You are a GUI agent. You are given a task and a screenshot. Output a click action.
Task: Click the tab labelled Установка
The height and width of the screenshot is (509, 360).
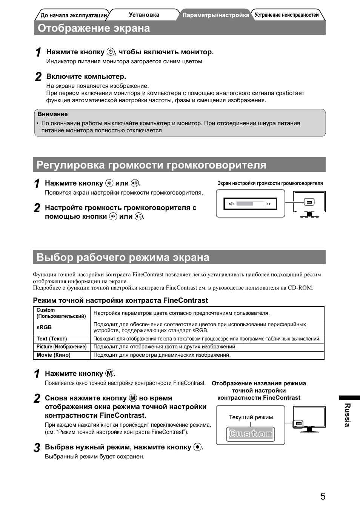coord(144,15)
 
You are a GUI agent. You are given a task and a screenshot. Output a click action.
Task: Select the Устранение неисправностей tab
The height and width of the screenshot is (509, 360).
coord(286,15)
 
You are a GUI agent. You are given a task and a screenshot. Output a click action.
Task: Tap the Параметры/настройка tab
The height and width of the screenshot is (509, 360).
coord(215,15)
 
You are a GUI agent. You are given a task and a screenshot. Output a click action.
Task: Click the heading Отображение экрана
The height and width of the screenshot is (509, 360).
coord(94,28)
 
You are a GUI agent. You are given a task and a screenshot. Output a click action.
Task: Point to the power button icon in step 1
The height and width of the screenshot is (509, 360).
coord(110,52)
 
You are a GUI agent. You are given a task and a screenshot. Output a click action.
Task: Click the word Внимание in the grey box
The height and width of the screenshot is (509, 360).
coord(53,114)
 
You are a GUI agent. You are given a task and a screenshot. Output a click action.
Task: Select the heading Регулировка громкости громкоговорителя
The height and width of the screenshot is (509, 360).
coord(151,165)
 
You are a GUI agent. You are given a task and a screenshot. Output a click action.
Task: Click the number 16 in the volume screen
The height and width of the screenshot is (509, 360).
coord(269,204)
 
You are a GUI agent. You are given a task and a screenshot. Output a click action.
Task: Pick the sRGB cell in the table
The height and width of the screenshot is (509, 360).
coord(44,328)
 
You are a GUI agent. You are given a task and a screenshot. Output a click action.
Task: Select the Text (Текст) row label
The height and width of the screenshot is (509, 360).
coord(52,339)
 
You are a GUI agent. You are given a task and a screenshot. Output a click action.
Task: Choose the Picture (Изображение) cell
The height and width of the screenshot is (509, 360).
coord(62,347)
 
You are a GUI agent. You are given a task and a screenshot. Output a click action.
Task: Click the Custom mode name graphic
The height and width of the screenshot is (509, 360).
coord(251,434)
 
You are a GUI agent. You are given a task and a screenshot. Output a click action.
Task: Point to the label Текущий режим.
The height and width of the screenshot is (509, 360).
coord(252,417)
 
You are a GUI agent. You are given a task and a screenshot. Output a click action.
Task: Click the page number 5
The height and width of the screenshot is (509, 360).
coord(323,496)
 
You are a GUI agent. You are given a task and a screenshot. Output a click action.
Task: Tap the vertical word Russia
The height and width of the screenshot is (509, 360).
coord(348,415)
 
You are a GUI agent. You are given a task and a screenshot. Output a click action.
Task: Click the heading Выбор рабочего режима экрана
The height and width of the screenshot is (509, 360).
coord(123,258)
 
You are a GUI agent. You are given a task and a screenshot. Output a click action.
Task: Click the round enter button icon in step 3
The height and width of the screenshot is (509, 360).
coord(197,447)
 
